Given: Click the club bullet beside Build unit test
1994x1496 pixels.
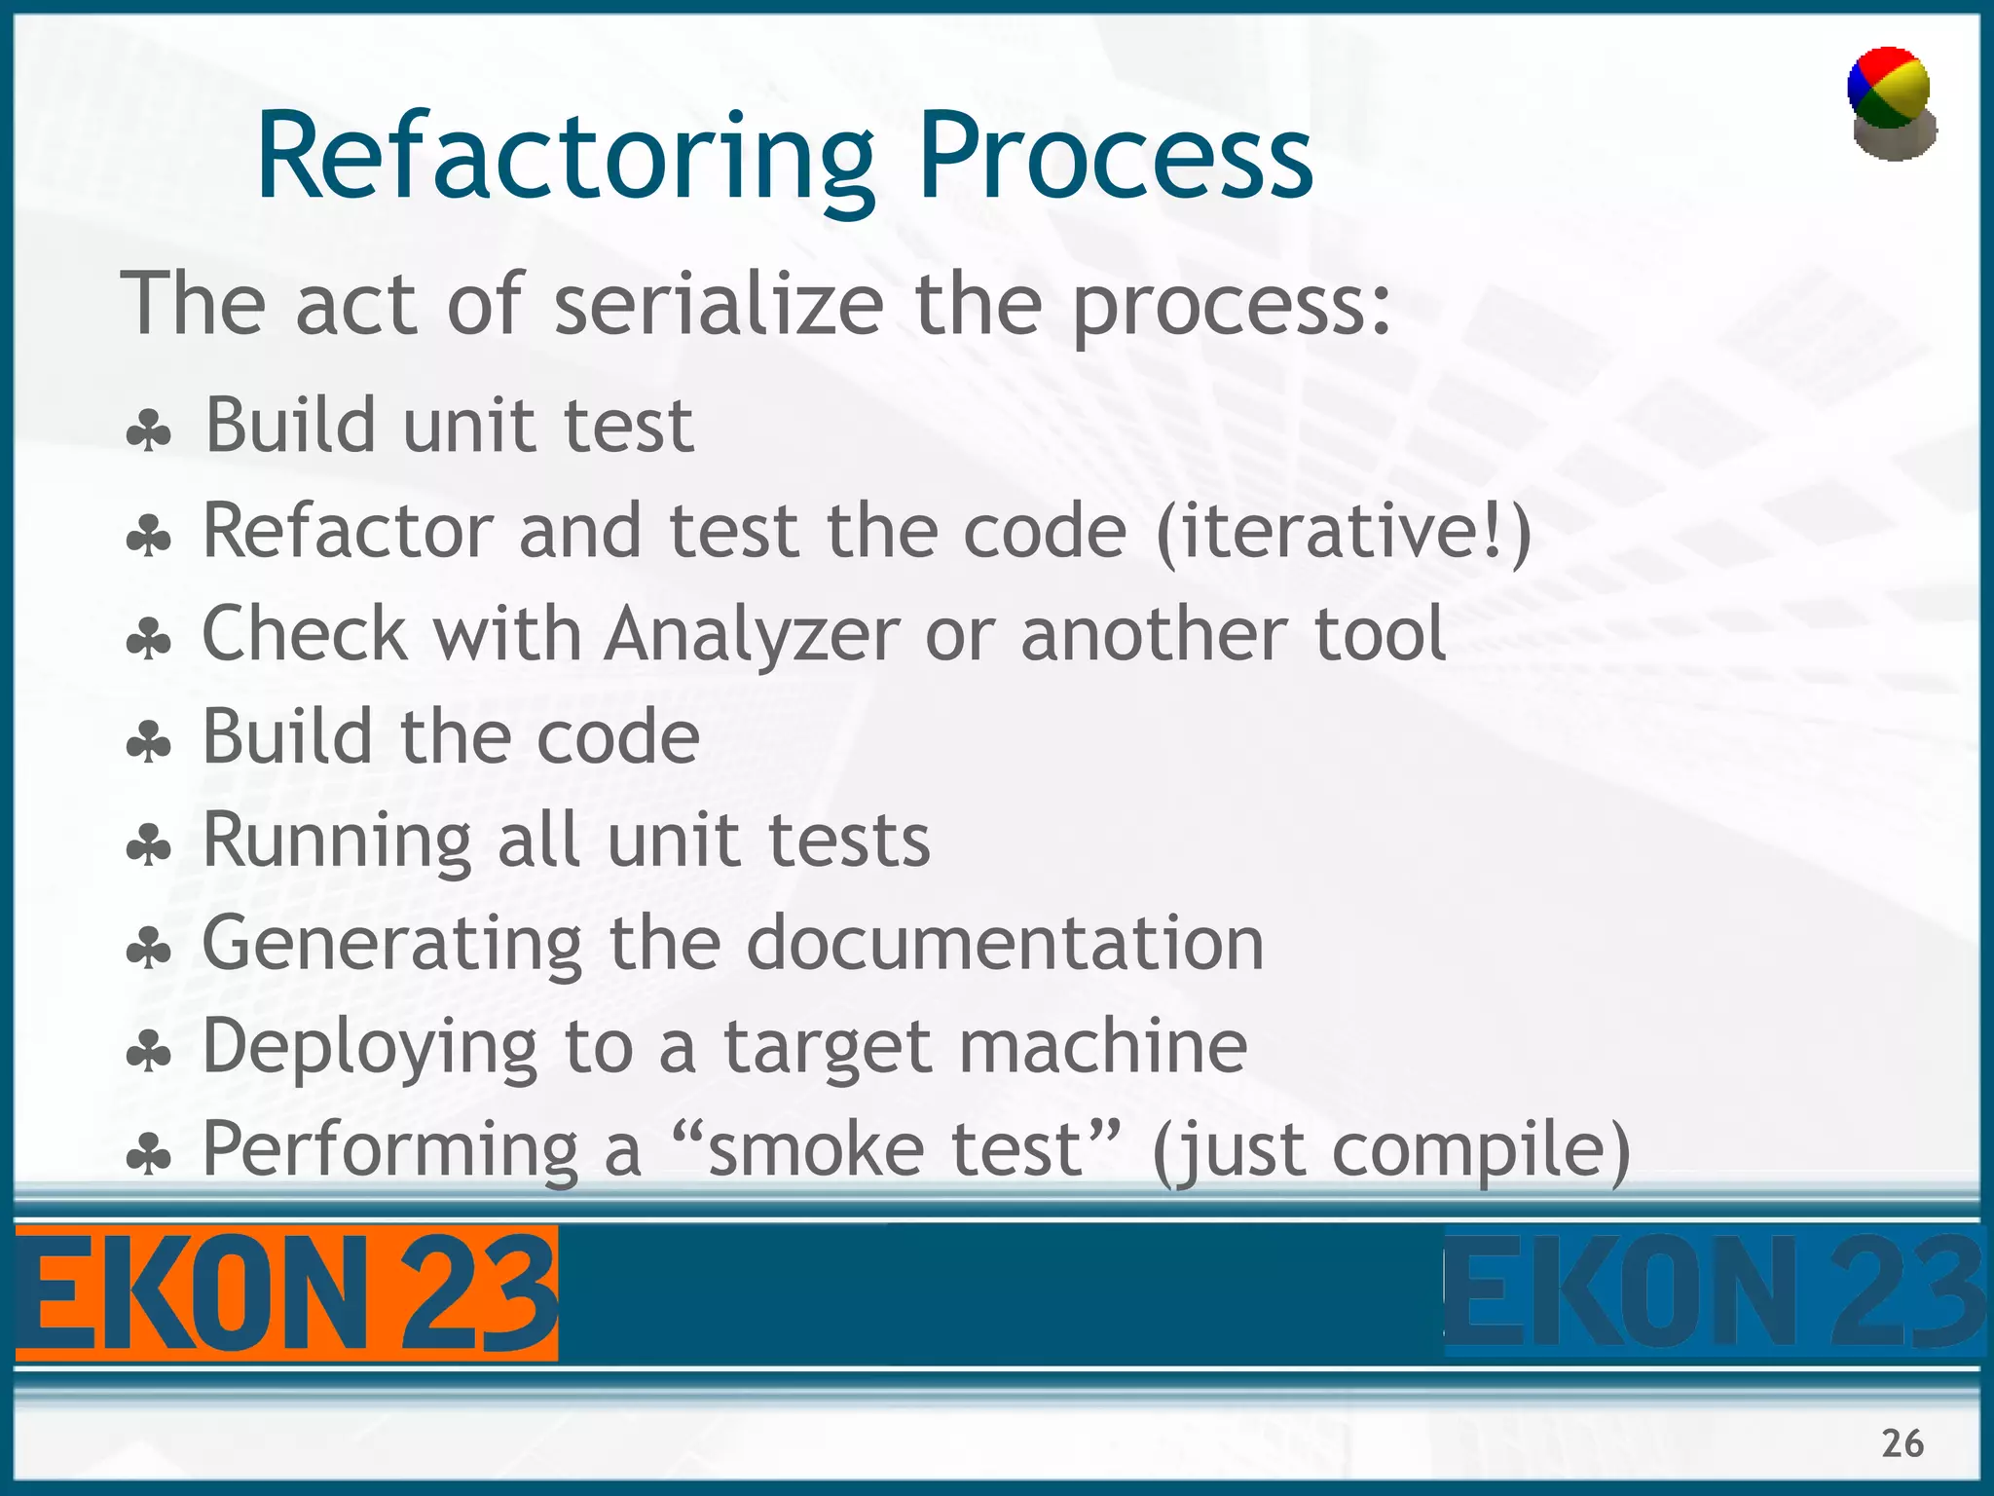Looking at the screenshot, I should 149,430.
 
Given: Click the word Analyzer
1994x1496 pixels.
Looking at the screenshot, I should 752,635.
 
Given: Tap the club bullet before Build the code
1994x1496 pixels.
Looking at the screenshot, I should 149,743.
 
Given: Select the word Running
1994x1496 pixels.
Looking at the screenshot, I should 336,841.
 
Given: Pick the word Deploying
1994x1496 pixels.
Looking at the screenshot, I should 369,1048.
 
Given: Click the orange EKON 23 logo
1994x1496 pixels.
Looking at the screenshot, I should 286,1293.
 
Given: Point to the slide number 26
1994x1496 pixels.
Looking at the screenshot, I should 1902,1443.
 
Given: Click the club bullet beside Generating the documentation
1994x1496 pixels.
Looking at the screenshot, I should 149,949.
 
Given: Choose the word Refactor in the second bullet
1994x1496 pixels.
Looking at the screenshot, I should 348,532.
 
